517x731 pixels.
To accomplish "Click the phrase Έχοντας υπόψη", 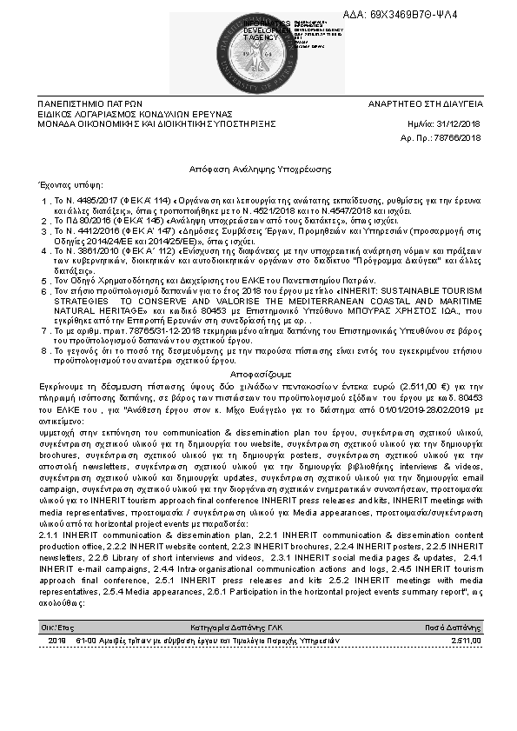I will click(66, 185).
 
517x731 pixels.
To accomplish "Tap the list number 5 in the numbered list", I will click(45, 282).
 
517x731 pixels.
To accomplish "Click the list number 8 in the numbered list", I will click(45, 350).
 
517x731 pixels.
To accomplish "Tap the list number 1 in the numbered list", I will click(45, 201).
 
